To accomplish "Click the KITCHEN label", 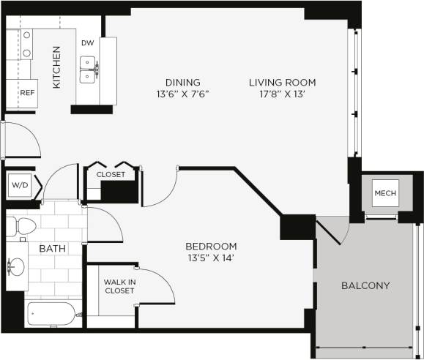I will coord(56,67).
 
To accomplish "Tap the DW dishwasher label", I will coord(88,44).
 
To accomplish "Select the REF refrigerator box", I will coord(27,92).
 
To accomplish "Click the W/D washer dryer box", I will coord(18,185).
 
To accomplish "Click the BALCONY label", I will coord(365,285).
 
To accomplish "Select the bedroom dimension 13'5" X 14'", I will coord(211,258).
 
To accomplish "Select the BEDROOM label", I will coord(211,246).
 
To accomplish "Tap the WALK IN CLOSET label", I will coord(119,285).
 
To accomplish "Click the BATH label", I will coord(52,249).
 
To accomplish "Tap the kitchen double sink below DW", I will coord(92,70).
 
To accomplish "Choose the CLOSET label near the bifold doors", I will coord(111,175).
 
